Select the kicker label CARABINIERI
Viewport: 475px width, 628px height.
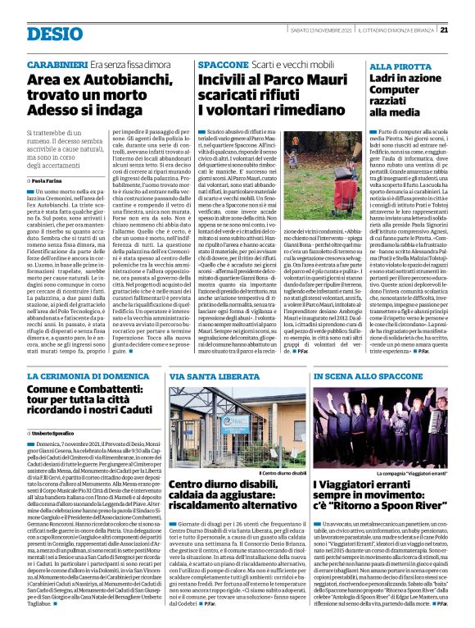point(57,63)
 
